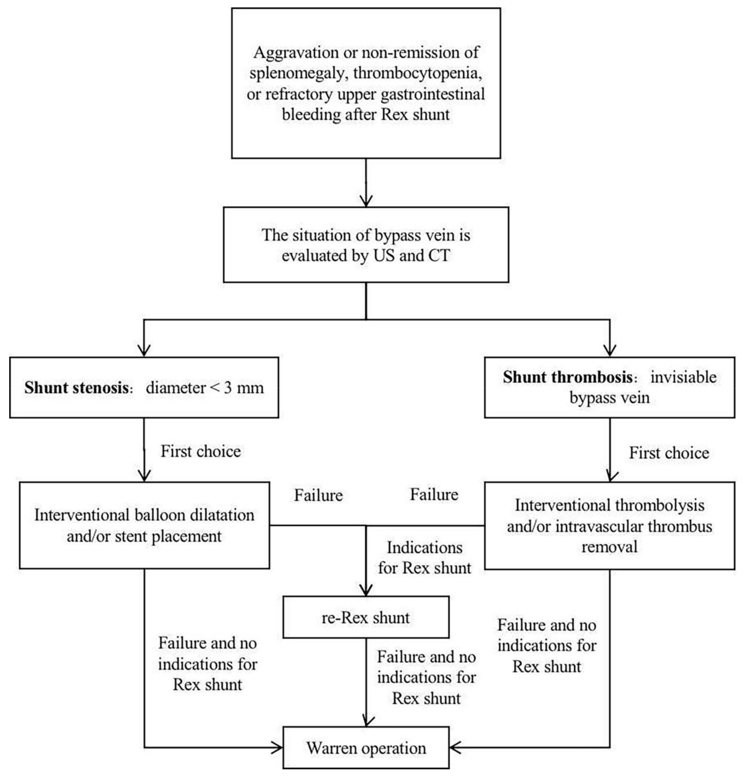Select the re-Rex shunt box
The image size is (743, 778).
pyautogui.click(x=366, y=617)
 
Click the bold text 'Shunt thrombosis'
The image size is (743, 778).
pyautogui.click(x=567, y=377)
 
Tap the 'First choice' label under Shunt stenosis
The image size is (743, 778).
pyautogui.click(x=201, y=451)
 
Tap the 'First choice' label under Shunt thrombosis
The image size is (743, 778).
pyautogui.click(x=669, y=453)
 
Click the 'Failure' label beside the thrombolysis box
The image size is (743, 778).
pyautogui.click(x=434, y=495)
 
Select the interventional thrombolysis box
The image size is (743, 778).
pyautogui.click(x=610, y=526)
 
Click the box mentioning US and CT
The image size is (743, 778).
pyautogui.click(x=366, y=245)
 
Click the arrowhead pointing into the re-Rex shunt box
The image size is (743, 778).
pyautogui.click(x=366, y=590)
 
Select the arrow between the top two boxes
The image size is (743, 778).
pyautogui.click(x=366, y=182)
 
